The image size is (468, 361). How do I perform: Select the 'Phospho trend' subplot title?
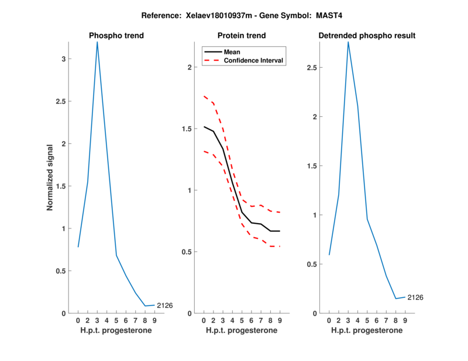(116, 36)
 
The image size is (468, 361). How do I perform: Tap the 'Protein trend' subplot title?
(242, 36)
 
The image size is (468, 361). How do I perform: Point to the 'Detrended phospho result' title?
(367, 36)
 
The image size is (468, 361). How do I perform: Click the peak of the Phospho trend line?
(97, 41)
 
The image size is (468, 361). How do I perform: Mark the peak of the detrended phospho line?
(348, 41)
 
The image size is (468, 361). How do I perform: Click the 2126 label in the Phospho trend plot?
(164, 305)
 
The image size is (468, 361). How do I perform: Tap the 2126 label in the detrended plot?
(415, 297)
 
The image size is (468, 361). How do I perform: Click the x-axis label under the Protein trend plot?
(242, 330)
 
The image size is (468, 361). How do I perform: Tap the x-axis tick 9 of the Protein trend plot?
(280, 320)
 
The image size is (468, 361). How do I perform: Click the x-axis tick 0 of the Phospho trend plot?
(78, 320)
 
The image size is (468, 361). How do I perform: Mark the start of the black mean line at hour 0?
(204, 127)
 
